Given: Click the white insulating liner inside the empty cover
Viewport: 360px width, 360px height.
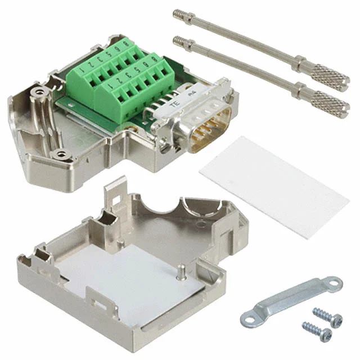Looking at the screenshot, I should point(129,281).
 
